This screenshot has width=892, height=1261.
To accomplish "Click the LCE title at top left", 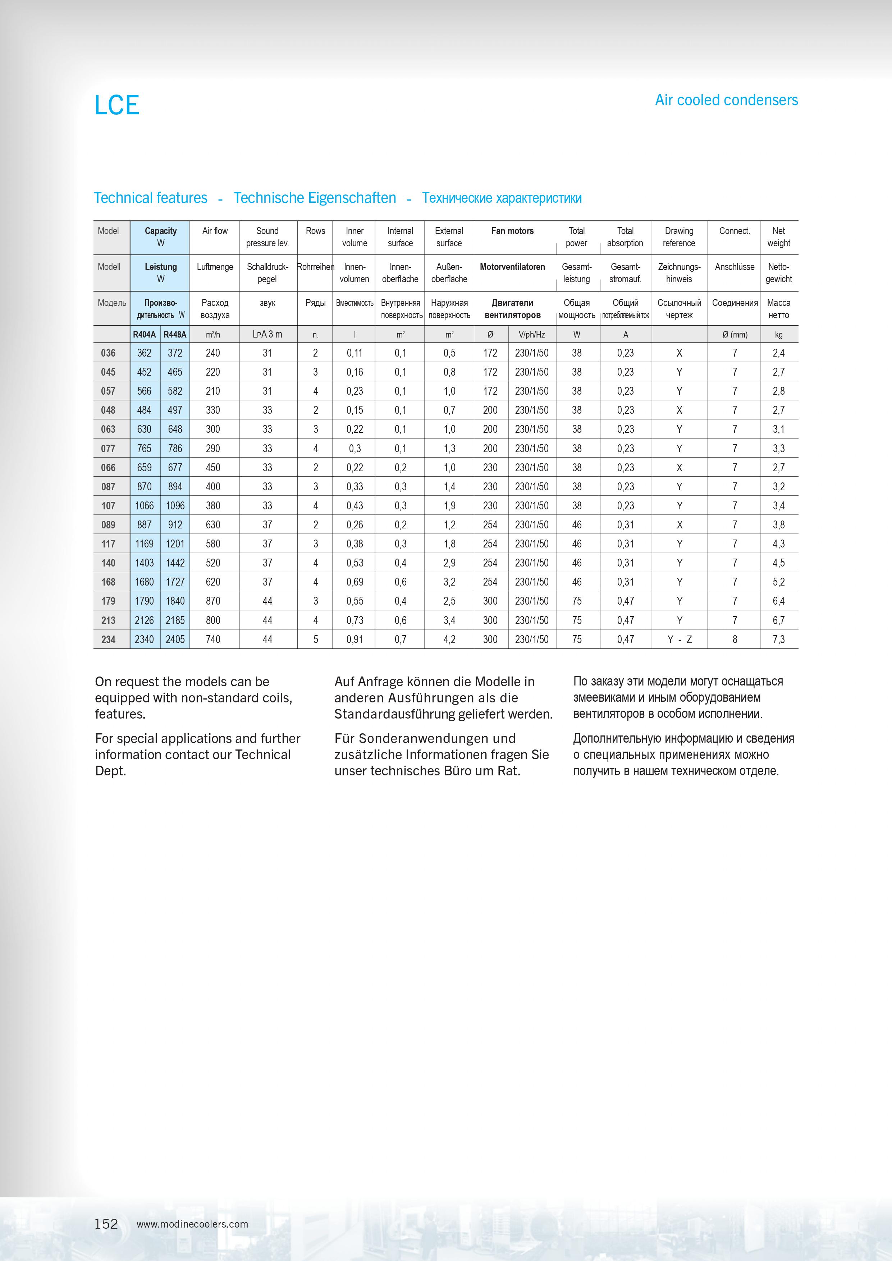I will (x=117, y=105).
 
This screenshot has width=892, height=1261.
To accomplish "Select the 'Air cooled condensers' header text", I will (x=726, y=100).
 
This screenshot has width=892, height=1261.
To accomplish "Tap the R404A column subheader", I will (x=145, y=334).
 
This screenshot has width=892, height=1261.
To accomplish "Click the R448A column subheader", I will (x=175, y=334).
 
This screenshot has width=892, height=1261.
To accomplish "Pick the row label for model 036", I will (x=108, y=353).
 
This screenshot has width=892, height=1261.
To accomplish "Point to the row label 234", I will (x=108, y=639).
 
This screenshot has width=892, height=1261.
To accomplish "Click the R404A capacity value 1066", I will (x=145, y=506).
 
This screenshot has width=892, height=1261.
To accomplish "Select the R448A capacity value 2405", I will (x=175, y=639).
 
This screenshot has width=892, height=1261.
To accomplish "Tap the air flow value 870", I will (x=213, y=601).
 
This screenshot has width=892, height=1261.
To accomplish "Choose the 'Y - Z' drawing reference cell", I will (x=680, y=639).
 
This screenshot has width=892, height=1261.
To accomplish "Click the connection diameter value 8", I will (x=735, y=639).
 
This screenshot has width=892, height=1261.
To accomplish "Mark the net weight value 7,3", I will (x=779, y=639).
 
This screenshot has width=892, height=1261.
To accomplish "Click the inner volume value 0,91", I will (x=355, y=639).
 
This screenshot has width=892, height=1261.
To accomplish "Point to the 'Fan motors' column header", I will (x=512, y=231).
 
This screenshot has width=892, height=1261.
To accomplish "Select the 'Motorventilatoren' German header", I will (x=512, y=267).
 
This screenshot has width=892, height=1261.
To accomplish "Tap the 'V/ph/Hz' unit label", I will (x=532, y=334).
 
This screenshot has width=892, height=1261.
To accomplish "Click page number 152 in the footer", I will (x=106, y=1223).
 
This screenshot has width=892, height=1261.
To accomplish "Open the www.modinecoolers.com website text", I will (x=192, y=1224).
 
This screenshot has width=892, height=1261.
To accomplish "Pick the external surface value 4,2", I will (x=449, y=639).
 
